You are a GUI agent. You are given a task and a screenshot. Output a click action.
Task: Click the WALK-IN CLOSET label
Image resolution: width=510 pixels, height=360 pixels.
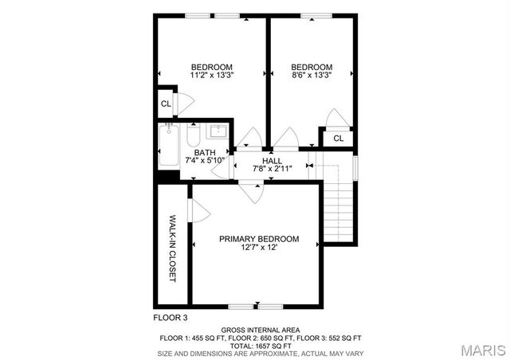point(171,248)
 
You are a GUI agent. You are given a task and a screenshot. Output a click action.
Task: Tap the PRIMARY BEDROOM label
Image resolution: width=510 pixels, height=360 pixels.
point(259,239)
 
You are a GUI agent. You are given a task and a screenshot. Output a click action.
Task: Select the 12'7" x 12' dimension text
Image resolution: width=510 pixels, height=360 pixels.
point(259,248)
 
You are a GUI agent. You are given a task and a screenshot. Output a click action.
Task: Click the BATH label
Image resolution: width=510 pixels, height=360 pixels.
point(205,153)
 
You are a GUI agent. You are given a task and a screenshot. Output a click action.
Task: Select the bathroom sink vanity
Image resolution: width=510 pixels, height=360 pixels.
point(218,131)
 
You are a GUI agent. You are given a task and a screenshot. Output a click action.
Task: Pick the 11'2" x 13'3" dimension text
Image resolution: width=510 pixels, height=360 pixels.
point(211,76)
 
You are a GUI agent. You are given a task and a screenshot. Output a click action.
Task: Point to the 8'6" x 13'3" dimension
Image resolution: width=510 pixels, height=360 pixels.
point(311,76)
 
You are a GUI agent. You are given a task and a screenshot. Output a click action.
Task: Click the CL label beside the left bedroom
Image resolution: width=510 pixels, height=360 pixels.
point(166,104)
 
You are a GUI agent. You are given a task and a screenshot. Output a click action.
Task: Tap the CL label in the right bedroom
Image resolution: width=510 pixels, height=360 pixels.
point(338,138)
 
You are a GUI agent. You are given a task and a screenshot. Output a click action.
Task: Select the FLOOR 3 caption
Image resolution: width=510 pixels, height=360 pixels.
point(171,317)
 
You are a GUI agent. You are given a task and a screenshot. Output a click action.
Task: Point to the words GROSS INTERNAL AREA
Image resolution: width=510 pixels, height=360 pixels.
point(260,329)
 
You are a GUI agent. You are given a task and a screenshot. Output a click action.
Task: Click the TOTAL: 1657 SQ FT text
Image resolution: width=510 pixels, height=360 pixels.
point(260,345)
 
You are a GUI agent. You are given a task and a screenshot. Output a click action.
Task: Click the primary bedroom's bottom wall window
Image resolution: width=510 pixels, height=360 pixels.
point(255,306)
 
